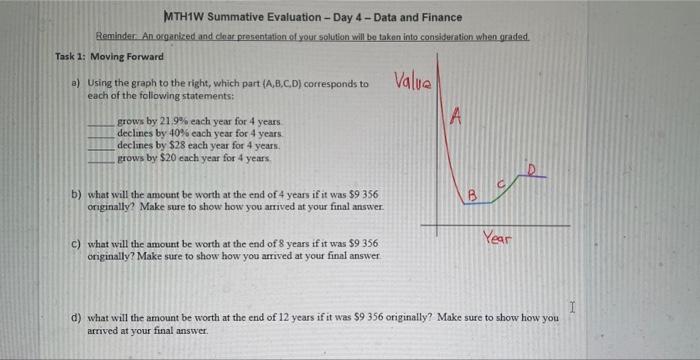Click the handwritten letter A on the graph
pyautogui.click(x=456, y=118)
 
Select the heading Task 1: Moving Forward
pyautogui.click(x=109, y=56)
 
